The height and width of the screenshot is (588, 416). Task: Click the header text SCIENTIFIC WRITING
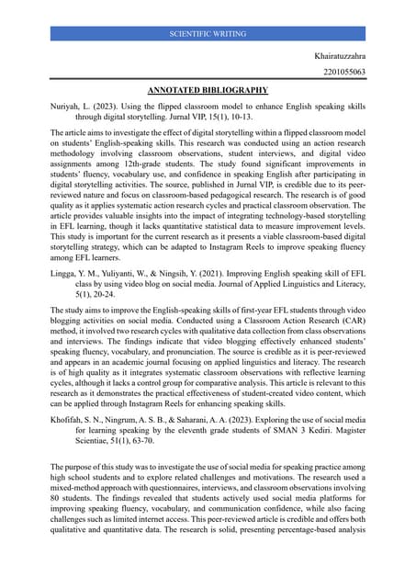pos(208,34)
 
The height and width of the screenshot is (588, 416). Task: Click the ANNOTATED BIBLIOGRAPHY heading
pos(208,90)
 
